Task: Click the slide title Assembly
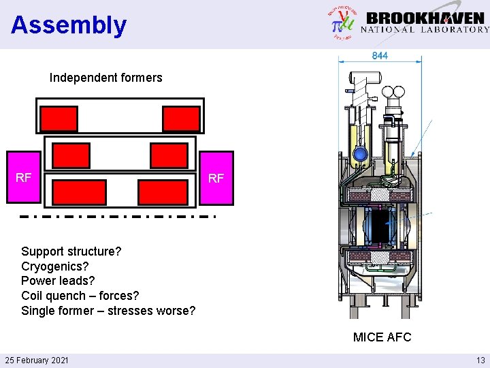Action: [x=69, y=25]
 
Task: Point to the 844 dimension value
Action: [x=380, y=56]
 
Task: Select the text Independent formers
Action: [x=105, y=78]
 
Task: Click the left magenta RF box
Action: [x=24, y=178]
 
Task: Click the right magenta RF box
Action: [x=216, y=178]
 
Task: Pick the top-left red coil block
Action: [x=59, y=119]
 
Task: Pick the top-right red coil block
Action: [x=181, y=119]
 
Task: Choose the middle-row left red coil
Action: [x=71, y=156]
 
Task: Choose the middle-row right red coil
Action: [x=169, y=156]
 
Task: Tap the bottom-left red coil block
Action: [x=79, y=192]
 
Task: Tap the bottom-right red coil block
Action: [x=163, y=192]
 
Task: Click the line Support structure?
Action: [x=71, y=251]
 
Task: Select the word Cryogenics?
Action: [x=55, y=266]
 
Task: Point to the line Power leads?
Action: [x=58, y=281]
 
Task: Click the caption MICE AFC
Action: [x=382, y=337]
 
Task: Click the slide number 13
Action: [x=480, y=360]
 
